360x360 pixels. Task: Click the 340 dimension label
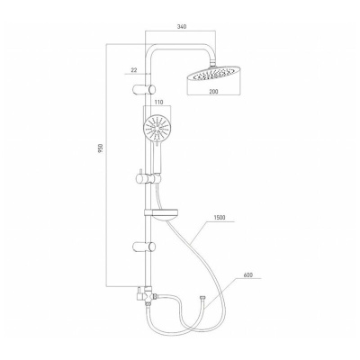[182, 27]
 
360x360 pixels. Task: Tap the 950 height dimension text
[101, 148]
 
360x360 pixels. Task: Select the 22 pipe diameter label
[134, 70]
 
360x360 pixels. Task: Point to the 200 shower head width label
[214, 91]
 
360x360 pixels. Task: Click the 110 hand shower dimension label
[158, 103]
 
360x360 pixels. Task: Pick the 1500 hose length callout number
[220, 218]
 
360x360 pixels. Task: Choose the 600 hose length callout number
[248, 274]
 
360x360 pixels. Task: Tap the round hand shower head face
[157, 130]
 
